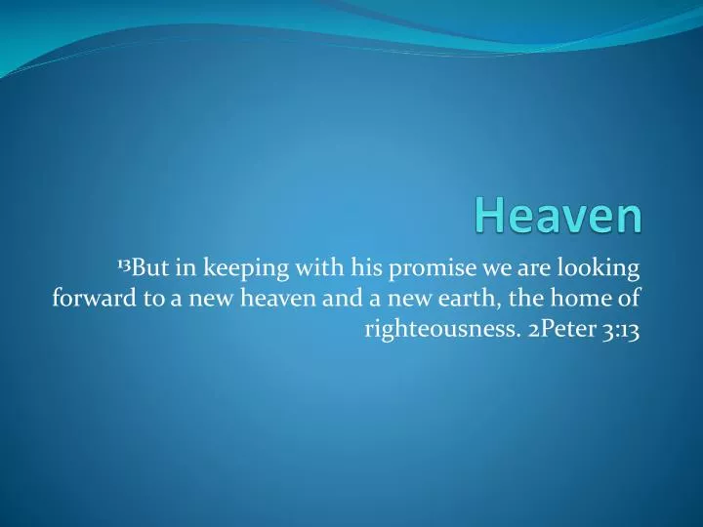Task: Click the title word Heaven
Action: pos(559,217)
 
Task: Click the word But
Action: pos(150,266)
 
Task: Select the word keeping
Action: pos(242,268)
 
